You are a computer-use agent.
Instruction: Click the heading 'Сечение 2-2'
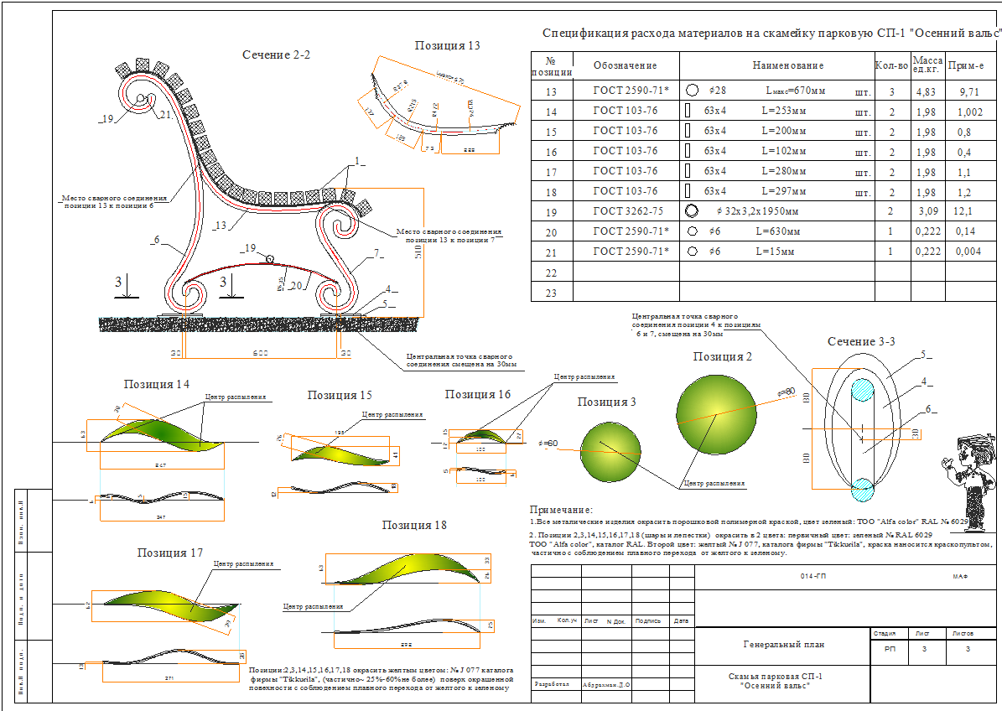276,54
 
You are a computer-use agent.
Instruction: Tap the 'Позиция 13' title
447,45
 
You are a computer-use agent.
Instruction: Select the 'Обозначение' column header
625,65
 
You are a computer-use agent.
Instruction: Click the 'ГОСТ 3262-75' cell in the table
627,211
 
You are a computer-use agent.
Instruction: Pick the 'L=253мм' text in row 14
784,112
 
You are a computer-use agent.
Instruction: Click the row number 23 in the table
551,293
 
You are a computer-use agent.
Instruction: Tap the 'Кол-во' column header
890,65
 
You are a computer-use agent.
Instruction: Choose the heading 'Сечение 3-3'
861,342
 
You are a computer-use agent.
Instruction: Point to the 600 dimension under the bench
262,353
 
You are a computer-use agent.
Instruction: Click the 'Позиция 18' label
413,525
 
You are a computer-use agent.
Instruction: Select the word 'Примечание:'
561,510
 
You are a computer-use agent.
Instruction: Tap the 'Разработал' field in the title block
551,684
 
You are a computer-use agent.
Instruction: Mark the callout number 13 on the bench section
221,225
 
